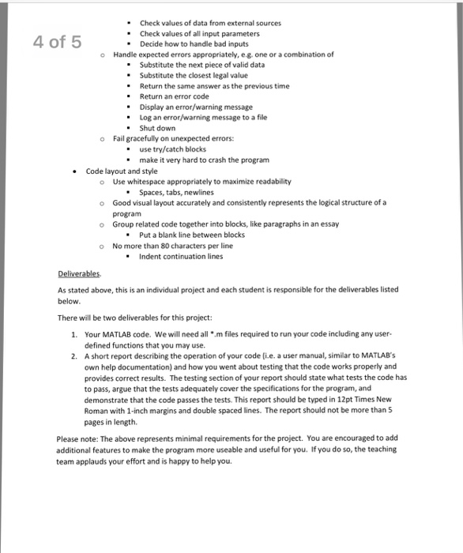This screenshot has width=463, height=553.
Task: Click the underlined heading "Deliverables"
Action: [79, 274]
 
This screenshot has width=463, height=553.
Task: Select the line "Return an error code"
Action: [174, 96]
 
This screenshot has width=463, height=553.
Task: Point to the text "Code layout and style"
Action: [122, 171]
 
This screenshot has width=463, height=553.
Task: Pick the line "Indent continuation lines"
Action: [181, 256]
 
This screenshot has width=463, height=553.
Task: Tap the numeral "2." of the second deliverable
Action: [74, 356]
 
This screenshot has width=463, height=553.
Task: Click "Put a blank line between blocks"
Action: [192, 235]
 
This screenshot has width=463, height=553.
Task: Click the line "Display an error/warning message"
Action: [196, 107]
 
